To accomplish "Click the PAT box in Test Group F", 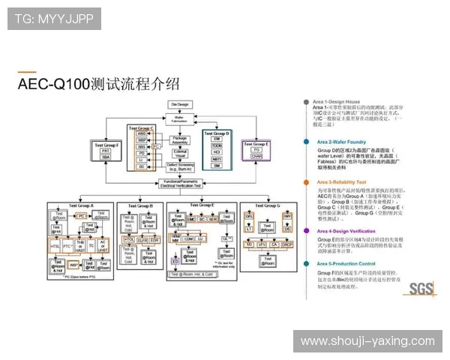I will (x=106, y=151).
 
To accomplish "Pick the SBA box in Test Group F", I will (x=106, y=158).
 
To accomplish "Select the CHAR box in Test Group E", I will (x=256, y=156).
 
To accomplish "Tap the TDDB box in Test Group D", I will (x=217, y=145).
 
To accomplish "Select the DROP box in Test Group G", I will (x=288, y=244).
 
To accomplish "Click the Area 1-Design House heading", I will (x=336, y=101).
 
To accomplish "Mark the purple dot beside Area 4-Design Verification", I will (x=306, y=231).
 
